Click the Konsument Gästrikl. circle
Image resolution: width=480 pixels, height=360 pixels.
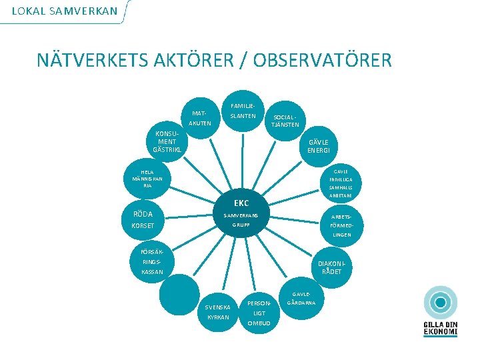coord(166,141)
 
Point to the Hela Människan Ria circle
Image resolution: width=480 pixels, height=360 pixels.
coord(147,179)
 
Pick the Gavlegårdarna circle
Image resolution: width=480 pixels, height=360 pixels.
coord(301,299)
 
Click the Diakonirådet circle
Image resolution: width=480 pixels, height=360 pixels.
coord(331,267)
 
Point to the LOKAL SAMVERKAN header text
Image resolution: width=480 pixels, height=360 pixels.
coord(64,11)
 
